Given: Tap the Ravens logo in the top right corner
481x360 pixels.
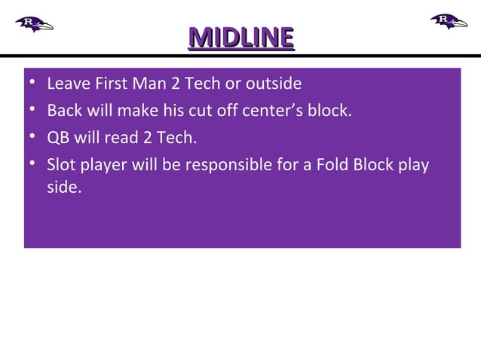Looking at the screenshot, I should (x=449, y=20).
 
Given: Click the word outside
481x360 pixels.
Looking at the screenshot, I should (x=274, y=83).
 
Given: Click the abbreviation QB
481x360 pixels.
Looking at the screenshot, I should (x=57, y=138).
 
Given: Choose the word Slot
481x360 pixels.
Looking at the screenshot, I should (x=62, y=165).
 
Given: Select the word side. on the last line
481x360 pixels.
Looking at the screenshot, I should (x=63, y=187).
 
